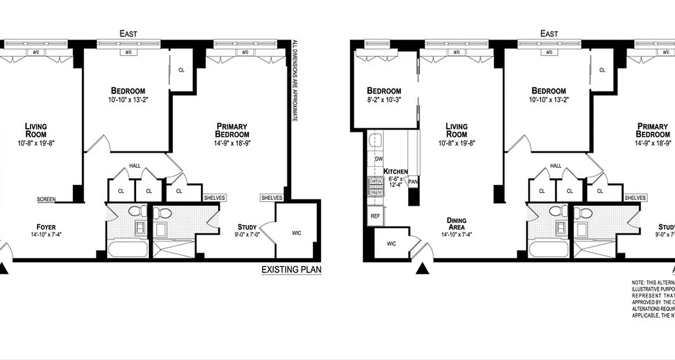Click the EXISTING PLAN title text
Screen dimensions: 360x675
pyautogui.click(x=292, y=270)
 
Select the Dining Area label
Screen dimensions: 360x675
pyautogui.click(x=456, y=224)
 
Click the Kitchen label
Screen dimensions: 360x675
pyautogui.click(x=396, y=171)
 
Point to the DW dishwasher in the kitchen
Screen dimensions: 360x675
pyautogui.click(x=378, y=159)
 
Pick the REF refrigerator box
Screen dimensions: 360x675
pyautogui.click(x=375, y=216)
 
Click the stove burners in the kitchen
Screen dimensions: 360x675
pyautogui.click(x=375, y=187)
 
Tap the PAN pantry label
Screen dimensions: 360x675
pyautogui.click(x=413, y=181)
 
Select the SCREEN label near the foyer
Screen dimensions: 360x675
pyautogui.click(x=46, y=199)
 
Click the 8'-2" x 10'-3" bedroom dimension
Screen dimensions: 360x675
pyautogui.click(x=383, y=99)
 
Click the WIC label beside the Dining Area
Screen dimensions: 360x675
pyautogui.click(x=391, y=244)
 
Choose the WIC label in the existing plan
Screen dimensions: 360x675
pyautogui.click(x=296, y=233)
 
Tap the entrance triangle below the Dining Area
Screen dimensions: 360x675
pyautogui.click(x=422, y=269)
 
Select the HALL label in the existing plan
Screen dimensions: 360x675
pyautogui.click(x=135, y=166)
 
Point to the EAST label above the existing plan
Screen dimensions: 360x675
pyautogui.click(x=128, y=34)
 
